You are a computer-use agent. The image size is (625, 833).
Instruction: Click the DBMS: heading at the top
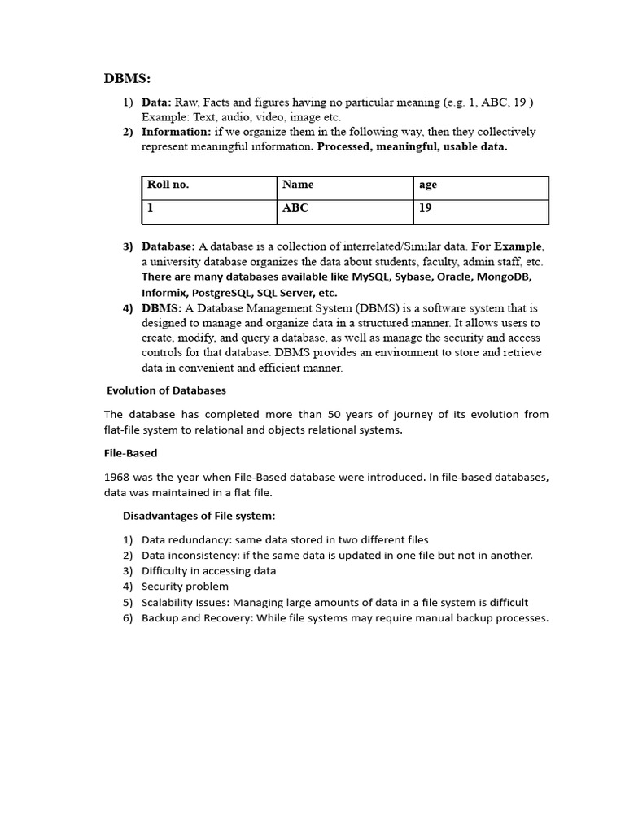(127, 79)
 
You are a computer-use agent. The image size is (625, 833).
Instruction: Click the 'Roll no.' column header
(168, 185)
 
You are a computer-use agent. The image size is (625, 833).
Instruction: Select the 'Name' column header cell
(298, 185)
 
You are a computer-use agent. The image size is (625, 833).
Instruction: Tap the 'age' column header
(428, 185)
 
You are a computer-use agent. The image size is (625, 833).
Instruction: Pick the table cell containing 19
(426, 208)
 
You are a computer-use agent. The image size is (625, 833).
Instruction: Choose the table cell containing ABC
(295, 208)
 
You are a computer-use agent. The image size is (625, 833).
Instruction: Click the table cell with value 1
(151, 208)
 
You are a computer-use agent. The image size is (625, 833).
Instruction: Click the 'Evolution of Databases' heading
(166, 390)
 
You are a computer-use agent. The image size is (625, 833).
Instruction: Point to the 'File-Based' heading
(130, 453)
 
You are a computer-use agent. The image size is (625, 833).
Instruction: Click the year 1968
(116, 477)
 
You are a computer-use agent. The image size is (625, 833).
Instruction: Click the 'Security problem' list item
(185, 587)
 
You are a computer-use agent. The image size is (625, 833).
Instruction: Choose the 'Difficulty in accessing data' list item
(208, 571)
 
